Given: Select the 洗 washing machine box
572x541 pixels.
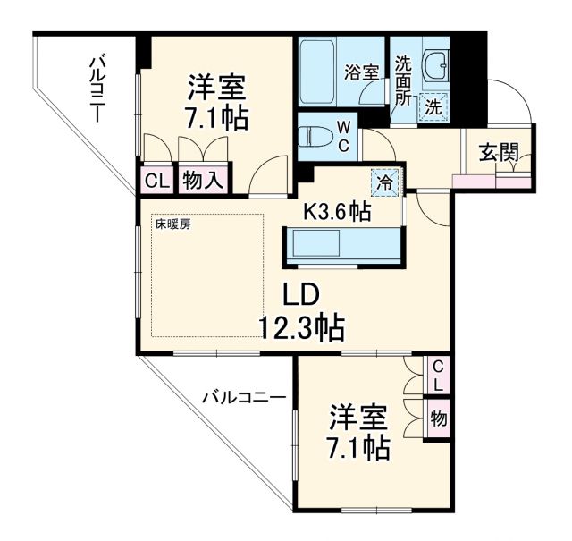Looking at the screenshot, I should [x=433, y=106].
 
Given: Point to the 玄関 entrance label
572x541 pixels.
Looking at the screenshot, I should [x=498, y=152].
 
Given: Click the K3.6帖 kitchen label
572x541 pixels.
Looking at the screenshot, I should [x=337, y=212].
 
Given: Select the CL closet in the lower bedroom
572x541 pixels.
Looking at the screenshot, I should [x=437, y=375].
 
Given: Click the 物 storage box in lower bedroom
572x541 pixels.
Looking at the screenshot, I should [x=438, y=418].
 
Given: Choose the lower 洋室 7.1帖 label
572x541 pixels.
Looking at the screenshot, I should [x=358, y=433].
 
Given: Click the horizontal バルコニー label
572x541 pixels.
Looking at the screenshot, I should [x=243, y=398].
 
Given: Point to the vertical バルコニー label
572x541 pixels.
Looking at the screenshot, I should [x=97, y=89].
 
